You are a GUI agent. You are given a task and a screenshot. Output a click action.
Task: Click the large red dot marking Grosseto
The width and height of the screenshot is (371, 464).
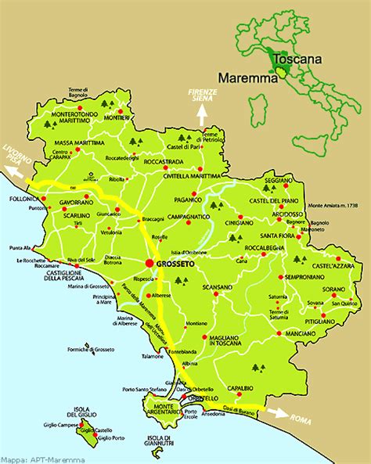pyautogui.click(x=147, y=263)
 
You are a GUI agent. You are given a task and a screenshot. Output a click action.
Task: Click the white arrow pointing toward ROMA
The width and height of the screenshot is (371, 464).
pyautogui.click(x=278, y=408)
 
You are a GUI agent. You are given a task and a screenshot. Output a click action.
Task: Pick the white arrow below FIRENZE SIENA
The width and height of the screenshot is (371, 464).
pyautogui.click(x=200, y=114)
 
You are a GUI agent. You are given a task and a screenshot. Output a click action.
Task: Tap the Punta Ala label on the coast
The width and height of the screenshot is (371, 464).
pyautogui.click(x=20, y=248)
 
